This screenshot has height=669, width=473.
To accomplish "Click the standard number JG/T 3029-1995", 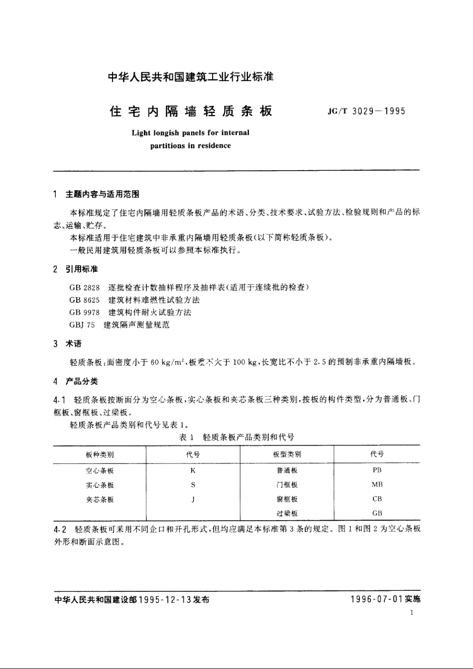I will pyautogui.click(x=366, y=111).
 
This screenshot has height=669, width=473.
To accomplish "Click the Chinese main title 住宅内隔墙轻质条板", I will pyautogui.click(x=191, y=111).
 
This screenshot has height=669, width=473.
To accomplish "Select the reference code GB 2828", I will pyautogui.click(x=85, y=288).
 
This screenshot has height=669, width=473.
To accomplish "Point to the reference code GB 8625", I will pyautogui.click(x=85, y=300).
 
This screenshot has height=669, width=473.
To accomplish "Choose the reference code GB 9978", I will pyautogui.click(x=85, y=313).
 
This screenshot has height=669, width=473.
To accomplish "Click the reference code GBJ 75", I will pyautogui.click(x=82, y=325).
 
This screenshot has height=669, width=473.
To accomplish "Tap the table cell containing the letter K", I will pyautogui.click(x=193, y=470).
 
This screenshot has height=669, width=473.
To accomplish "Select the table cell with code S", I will pyautogui.click(x=193, y=485).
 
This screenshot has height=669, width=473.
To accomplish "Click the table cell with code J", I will pyautogui.click(x=193, y=499).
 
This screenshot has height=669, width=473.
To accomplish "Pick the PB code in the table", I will pyautogui.click(x=377, y=470).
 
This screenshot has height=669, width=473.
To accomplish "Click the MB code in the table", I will pyautogui.click(x=377, y=484).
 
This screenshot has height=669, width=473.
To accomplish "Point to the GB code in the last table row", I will pyautogui.click(x=377, y=513).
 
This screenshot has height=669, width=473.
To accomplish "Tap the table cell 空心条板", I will pyautogui.click(x=100, y=470).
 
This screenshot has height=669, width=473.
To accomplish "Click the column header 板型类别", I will pyautogui.click(x=287, y=454).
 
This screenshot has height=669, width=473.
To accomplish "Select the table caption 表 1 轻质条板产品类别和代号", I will pyautogui.click(x=236, y=438).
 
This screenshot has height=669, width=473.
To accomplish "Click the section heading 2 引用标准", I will pyautogui.click(x=76, y=269).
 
